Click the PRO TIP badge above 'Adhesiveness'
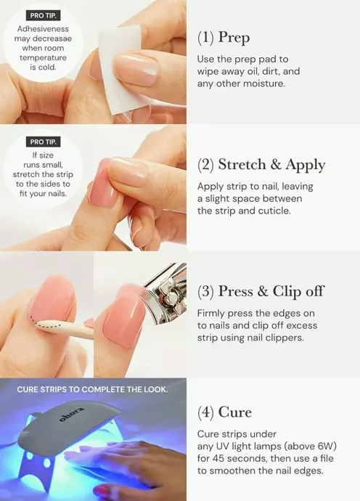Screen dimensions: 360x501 click(x=43, y=15)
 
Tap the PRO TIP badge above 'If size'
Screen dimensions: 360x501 click(x=43, y=142)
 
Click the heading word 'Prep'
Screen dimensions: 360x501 click(x=234, y=38)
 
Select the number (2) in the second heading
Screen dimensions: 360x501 click(x=205, y=165)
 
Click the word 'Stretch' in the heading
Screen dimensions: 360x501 click(x=242, y=165)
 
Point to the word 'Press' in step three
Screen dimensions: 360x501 click(x=234, y=291)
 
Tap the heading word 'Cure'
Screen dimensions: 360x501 click(x=235, y=412)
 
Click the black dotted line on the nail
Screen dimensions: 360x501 click(x=45, y=323)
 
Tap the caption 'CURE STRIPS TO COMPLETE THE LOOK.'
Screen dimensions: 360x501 click(x=92, y=389)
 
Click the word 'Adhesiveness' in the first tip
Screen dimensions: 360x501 click(x=43, y=29)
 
